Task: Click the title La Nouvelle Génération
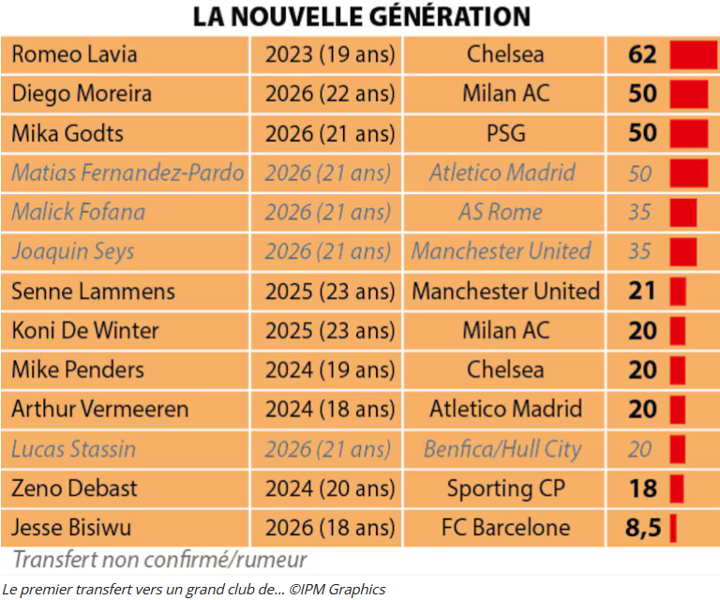coord(361,17)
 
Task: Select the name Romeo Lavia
coord(74,54)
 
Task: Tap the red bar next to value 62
coord(694,54)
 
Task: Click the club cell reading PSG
coord(505,133)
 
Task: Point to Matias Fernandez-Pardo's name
coord(127,173)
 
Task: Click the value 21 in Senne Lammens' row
coord(641,291)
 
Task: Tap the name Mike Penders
coord(78,369)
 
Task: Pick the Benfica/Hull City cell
coord(502,449)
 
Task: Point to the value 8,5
coord(643,528)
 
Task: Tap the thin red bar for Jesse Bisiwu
coord(673,528)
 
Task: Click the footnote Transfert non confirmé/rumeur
coord(159,560)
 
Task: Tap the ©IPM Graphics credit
coord(337,590)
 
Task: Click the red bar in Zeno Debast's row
coord(677,488)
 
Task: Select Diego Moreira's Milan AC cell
coord(505,94)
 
